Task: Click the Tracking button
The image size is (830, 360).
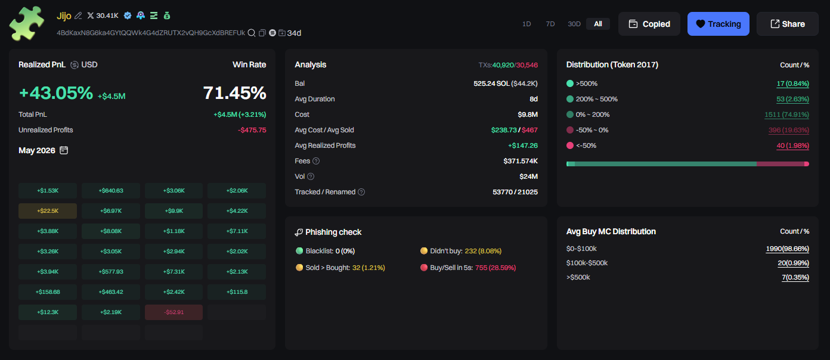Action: point(718,24)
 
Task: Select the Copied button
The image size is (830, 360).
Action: point(649,24)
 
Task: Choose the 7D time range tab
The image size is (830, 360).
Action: point(550,24)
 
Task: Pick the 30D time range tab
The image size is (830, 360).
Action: point(574,24)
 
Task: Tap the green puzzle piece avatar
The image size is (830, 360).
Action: point(26,24)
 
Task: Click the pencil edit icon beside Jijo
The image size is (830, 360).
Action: point(78,15)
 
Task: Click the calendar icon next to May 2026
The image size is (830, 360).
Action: point(64,150)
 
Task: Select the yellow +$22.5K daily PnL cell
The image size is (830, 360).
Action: point(48,211)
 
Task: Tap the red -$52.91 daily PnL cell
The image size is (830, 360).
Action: point(174,312)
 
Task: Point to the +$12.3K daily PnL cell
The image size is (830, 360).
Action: point(48,312)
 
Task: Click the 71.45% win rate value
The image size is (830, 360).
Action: point(234,93)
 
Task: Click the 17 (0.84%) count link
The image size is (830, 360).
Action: point(792,83)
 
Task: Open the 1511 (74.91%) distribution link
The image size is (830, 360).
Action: point(786,115)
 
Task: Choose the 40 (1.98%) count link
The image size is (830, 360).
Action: point(792,145)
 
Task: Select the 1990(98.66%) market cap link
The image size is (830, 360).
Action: point(788,249)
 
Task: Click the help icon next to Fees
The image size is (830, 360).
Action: point(316,161)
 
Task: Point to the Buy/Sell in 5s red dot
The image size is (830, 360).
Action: point(424,268)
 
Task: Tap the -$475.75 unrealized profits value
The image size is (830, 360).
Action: point(252,130)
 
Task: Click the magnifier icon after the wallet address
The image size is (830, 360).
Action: point(251,33)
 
